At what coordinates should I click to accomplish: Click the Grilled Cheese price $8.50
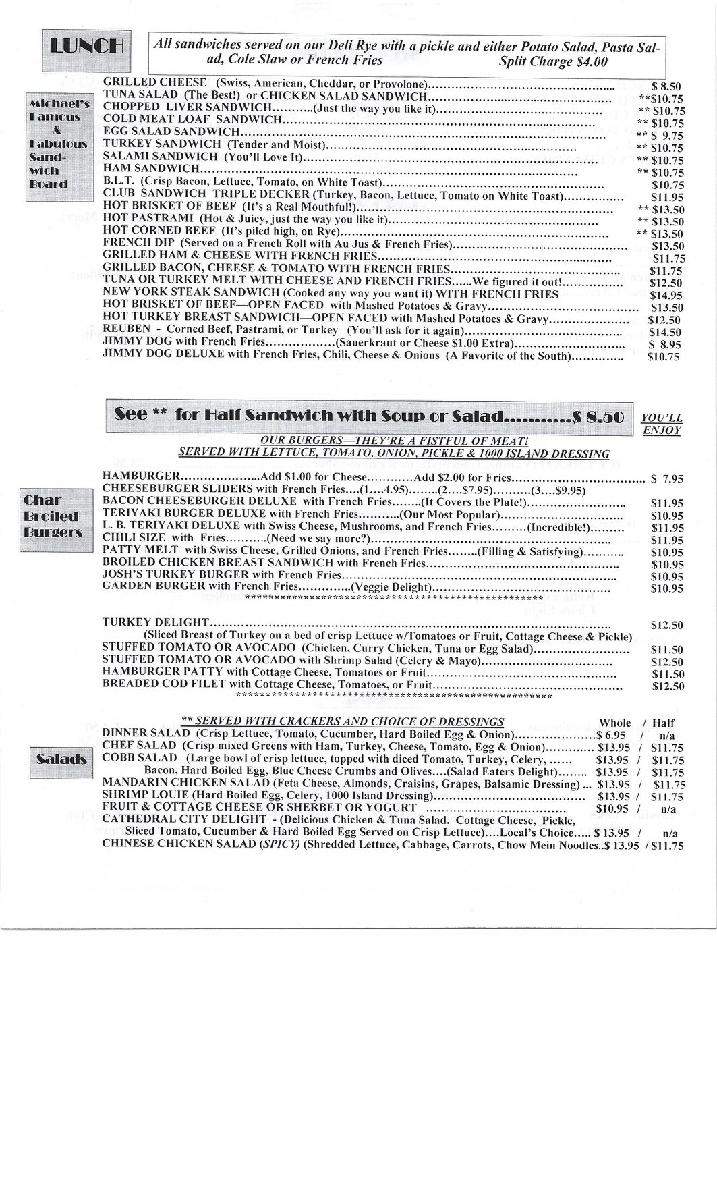pyautogui.click(x=667, y=86)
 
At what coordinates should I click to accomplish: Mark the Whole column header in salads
pyautogui.click(x=614, y=722)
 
